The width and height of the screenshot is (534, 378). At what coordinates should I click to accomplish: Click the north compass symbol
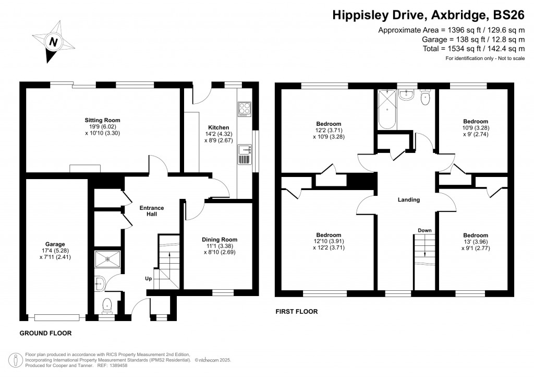(x=52, y=41)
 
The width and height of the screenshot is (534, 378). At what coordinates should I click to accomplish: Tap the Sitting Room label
(x=99, y=127)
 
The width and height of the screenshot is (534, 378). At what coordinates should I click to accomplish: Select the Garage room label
(x=55, y=250)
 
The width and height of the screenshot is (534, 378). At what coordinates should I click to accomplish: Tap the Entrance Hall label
(x=151, y=211)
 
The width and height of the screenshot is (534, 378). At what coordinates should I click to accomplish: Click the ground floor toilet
(x=107, y=304)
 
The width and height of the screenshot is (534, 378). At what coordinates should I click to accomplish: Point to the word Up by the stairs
(x=149, y=279)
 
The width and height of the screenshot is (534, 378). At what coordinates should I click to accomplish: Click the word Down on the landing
(x=424, y=230)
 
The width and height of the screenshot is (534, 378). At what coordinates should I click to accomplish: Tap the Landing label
(x=408, y=200)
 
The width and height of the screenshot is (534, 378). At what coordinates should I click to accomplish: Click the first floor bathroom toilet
(x=426, y=97)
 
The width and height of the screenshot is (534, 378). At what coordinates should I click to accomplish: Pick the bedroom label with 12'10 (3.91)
(x=329, y=241)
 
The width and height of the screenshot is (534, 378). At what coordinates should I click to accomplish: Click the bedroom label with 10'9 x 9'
(x=476, y=127)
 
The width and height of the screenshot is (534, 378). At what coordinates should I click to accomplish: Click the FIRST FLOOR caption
(x=296, y=312)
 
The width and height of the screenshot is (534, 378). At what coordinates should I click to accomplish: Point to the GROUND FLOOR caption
(x=45, y=333)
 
